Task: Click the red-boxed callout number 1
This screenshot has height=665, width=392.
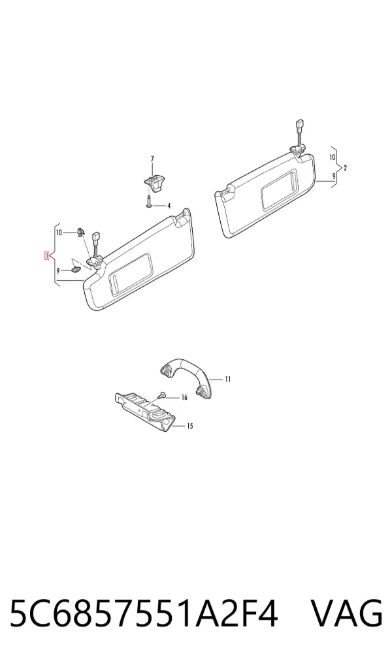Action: (x=48, y=255)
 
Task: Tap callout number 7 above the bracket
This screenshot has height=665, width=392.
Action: (x=153, y=159)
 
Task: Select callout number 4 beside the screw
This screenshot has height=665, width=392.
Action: (x=169, y=206)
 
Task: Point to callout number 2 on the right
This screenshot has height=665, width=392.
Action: (x=346, y=168)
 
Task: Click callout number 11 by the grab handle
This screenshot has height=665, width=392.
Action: (x=228, y=379)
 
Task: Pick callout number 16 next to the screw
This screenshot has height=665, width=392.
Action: (x=184, y=397)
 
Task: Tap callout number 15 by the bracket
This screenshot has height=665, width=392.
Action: (x=190, y=426)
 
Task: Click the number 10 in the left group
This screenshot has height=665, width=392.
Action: (x=59, y=233)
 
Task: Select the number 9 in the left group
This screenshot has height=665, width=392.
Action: (x=58, y=270)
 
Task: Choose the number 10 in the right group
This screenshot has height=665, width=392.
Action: (x=333, y=157)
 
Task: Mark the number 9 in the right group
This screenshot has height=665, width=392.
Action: (x=334, y=176)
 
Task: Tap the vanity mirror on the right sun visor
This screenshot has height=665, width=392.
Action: (x=279, y=189)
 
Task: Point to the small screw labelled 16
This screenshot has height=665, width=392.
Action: (x=161, y=395)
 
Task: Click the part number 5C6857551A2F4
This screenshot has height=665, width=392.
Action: (x=143, y=613)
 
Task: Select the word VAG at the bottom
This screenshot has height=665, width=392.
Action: (x=347, y=613)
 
